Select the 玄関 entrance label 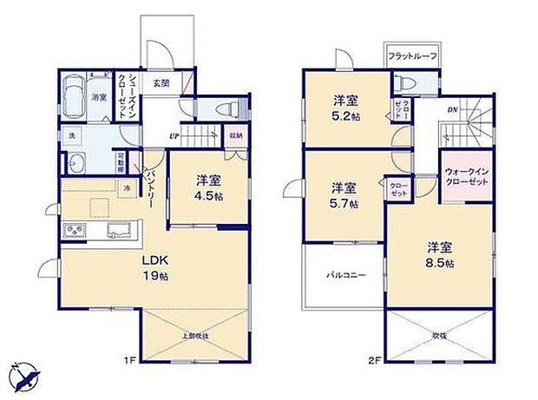[x=161, y=83]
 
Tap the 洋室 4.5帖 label [x=206, y=187]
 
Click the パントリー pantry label [x=148, y=185]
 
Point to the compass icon [x=26, y=377]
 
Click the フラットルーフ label [x=412, y=56]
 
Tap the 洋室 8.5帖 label [x=438, y=254]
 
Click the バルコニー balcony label [x=344, y=275]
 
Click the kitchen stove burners [x=73, y=229]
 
